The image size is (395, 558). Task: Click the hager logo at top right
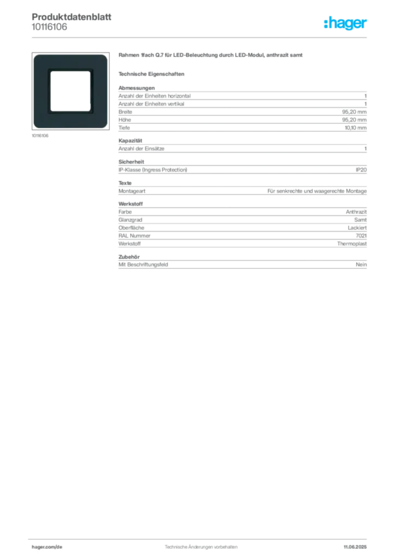pyautogui.click(x=345, y=23)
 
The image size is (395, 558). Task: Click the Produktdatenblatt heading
pyautogui.click(x=71, y=17)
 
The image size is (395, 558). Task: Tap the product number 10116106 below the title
pyautogui.click(x=49, y=27)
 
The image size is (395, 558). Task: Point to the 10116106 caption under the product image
pyautogui.click(x=40, y=136)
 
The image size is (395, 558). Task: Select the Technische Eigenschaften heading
pyautogui.click(x=151, y=74)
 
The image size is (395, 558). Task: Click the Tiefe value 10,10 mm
pyautogui.click(x=356, y=128)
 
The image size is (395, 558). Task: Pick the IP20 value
pyautogui.click(x=361, y=170)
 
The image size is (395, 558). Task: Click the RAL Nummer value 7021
pyautogui.click(x=361, y=235)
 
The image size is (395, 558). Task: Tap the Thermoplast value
pyautogui.click(x=352, y=244)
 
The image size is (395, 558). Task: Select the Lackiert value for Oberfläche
pyautogui.click(x=357, y=228)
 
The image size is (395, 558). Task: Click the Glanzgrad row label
pyautogui.click(x=130, y=220)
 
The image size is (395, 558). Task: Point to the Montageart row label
pyautogui.click(x=132, y=191)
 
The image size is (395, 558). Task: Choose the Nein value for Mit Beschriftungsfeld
pyautogui.click(x=361, y=264)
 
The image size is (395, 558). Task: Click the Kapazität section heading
pyautogui.click(x=130, y=141)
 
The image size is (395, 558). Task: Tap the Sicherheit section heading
pyautogui.click(x=131, y=162)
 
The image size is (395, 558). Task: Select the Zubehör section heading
pyautogui.click(x=129, y=257)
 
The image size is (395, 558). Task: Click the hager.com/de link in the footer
pyautogui.click(x=47, y=547)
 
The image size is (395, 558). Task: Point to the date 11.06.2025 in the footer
pyautogui.click(x=355, y=547)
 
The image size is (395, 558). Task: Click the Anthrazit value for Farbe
pyautogui.click(x=356, y=212)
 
